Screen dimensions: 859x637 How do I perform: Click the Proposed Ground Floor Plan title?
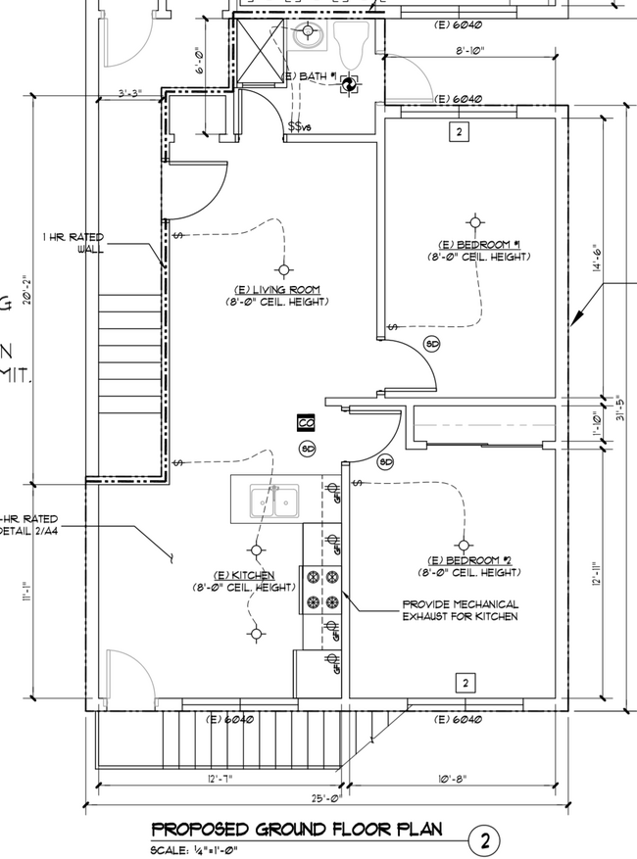pos(296,831)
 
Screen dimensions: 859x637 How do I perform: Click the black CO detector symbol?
pos(306,423)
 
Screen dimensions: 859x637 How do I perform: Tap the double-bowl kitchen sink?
pos(275,502)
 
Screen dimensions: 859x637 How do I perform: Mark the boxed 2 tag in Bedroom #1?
pos(459,132)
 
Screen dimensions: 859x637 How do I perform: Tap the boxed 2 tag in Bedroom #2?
pos(466,683)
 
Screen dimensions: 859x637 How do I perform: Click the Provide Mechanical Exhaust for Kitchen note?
pos(460,610)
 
